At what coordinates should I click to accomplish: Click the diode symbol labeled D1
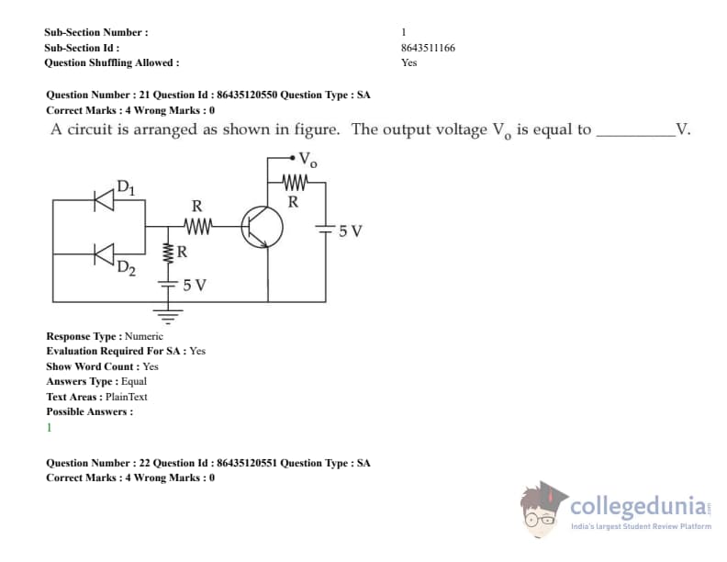coord(104,200)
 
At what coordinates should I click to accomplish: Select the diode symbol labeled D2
coord(104,254)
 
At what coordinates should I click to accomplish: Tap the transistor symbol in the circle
coord(262,227)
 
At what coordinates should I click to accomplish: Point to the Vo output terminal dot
coord(292,158)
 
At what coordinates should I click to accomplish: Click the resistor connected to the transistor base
coord(198,226)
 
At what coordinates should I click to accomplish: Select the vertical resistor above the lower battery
coord(168,253)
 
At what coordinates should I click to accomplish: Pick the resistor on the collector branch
coord(295,182)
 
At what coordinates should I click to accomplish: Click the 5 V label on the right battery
coord(350,230)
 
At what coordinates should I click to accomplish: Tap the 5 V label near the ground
coord(195,285)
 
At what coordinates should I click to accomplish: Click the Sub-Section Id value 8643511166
coord(428,48)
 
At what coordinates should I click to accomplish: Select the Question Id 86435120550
coord(247,95)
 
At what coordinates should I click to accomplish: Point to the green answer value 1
coord(50,428)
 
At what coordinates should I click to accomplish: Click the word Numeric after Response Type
coord(144,336)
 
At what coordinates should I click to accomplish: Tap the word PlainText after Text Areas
coord(126,397)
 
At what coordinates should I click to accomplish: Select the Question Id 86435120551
coord(247,463)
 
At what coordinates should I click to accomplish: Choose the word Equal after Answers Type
coord(134,382)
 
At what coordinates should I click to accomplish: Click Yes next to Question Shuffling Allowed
coord(409,62)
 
